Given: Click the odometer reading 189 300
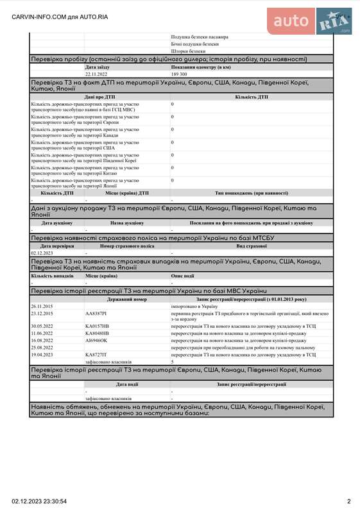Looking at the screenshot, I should (x=179, y=74).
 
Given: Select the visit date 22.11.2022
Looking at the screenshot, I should (x=98, y=74).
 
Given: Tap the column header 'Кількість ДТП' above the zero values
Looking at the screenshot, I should (x=252, y=97).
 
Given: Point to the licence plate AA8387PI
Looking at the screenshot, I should (x=96, y=314).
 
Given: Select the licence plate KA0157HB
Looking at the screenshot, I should (x=97, y=326).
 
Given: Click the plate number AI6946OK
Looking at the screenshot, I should (x=96, y=341).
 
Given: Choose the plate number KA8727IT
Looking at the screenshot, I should (x=96, y=355).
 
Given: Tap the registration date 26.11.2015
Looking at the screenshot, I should (x=42, y=307).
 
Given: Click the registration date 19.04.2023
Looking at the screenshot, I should (x=42, y=355).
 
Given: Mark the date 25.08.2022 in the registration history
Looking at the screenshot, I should (x=42, y=348).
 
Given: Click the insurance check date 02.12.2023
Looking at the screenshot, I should (x=42, y=253).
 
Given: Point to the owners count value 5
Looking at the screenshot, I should (x=173, y=362).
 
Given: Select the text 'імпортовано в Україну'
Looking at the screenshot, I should (x=195, y=307).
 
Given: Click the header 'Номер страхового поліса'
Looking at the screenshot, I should (x=127, y=246).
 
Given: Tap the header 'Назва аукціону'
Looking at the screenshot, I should (x=127, y=223).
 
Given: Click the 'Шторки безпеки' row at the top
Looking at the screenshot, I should (x=189, y=51).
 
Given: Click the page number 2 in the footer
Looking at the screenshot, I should (x=349, y=501).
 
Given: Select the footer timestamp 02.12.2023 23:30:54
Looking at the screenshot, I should (x=39, y=501).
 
